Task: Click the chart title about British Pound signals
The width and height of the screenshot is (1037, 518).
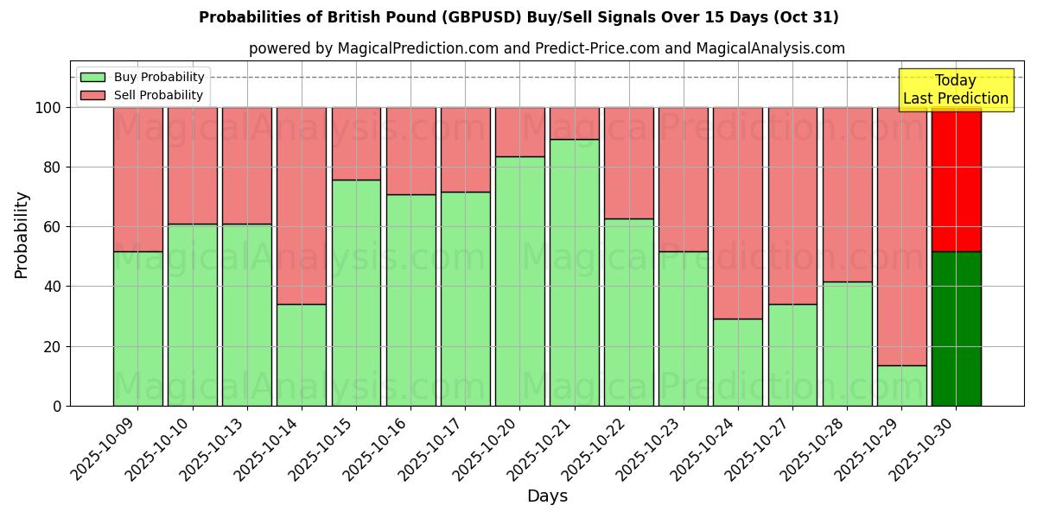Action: pos(518,17)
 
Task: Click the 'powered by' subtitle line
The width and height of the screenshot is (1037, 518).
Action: pos(546,48)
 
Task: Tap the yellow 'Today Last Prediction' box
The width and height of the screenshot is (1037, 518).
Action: pos(955,90)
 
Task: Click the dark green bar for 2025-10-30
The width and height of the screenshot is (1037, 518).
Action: pos(956,328)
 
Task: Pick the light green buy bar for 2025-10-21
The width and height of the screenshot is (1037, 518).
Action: pos(575,272)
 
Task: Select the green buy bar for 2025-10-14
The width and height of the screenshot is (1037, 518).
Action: pos(302,354)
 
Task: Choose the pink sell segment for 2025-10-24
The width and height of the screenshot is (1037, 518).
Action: pos(738,212)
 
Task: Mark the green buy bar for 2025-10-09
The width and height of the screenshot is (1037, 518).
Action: pos(137,328)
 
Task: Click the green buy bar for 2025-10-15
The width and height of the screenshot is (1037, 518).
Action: pos(356,292)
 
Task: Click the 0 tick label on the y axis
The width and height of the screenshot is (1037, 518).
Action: pos(57,406)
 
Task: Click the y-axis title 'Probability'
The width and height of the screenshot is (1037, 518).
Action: pos(22,235)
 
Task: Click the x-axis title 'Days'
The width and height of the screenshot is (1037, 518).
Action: pos(547,496)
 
